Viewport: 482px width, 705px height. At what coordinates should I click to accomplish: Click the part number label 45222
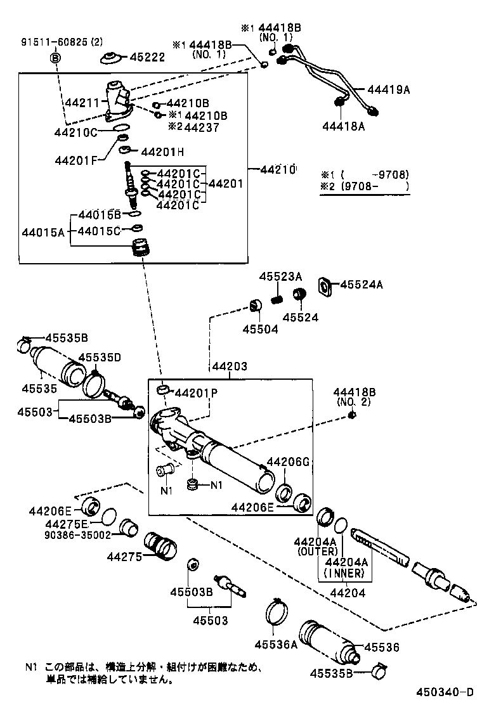tap(148, 58)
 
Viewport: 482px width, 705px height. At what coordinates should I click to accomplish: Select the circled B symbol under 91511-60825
tap(55, 58)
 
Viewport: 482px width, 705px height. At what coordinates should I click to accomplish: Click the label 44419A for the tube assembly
tap(388, 90)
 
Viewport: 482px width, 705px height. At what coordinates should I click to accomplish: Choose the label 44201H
tap(162, 152)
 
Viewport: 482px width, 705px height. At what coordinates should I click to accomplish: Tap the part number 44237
tap(202, 127)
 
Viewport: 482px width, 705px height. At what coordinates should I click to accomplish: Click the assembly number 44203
tap(230, 366)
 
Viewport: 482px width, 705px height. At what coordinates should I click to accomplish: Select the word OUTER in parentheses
tap(315, 552)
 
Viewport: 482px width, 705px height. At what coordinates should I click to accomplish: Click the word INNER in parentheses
tap(344, 573)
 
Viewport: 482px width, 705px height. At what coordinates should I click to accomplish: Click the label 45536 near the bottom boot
tap(382, 647)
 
